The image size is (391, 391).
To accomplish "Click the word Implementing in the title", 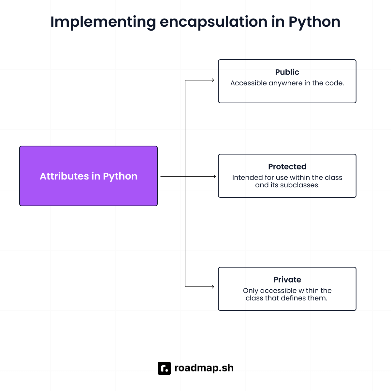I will coord(103,22).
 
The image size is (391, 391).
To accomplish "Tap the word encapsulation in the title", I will coord(213,22).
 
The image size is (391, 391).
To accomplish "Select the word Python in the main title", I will coord(314,22).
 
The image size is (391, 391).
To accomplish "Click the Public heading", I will coord(287,72).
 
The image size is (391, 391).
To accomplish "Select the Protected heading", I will coord(287,167).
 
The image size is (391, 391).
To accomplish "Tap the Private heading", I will coord(287,280).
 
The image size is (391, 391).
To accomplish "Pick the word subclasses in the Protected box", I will coord(300,185).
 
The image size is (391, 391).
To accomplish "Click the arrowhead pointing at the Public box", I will coord(213,80).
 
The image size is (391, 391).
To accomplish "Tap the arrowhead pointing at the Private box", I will coord(213,287).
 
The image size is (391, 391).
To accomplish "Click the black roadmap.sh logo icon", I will coord(164,368).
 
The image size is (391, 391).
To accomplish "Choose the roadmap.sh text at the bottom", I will coord(204,368).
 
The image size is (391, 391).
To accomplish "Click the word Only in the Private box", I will coord(251,291).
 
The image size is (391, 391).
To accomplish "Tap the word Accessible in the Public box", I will coord(249,83).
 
